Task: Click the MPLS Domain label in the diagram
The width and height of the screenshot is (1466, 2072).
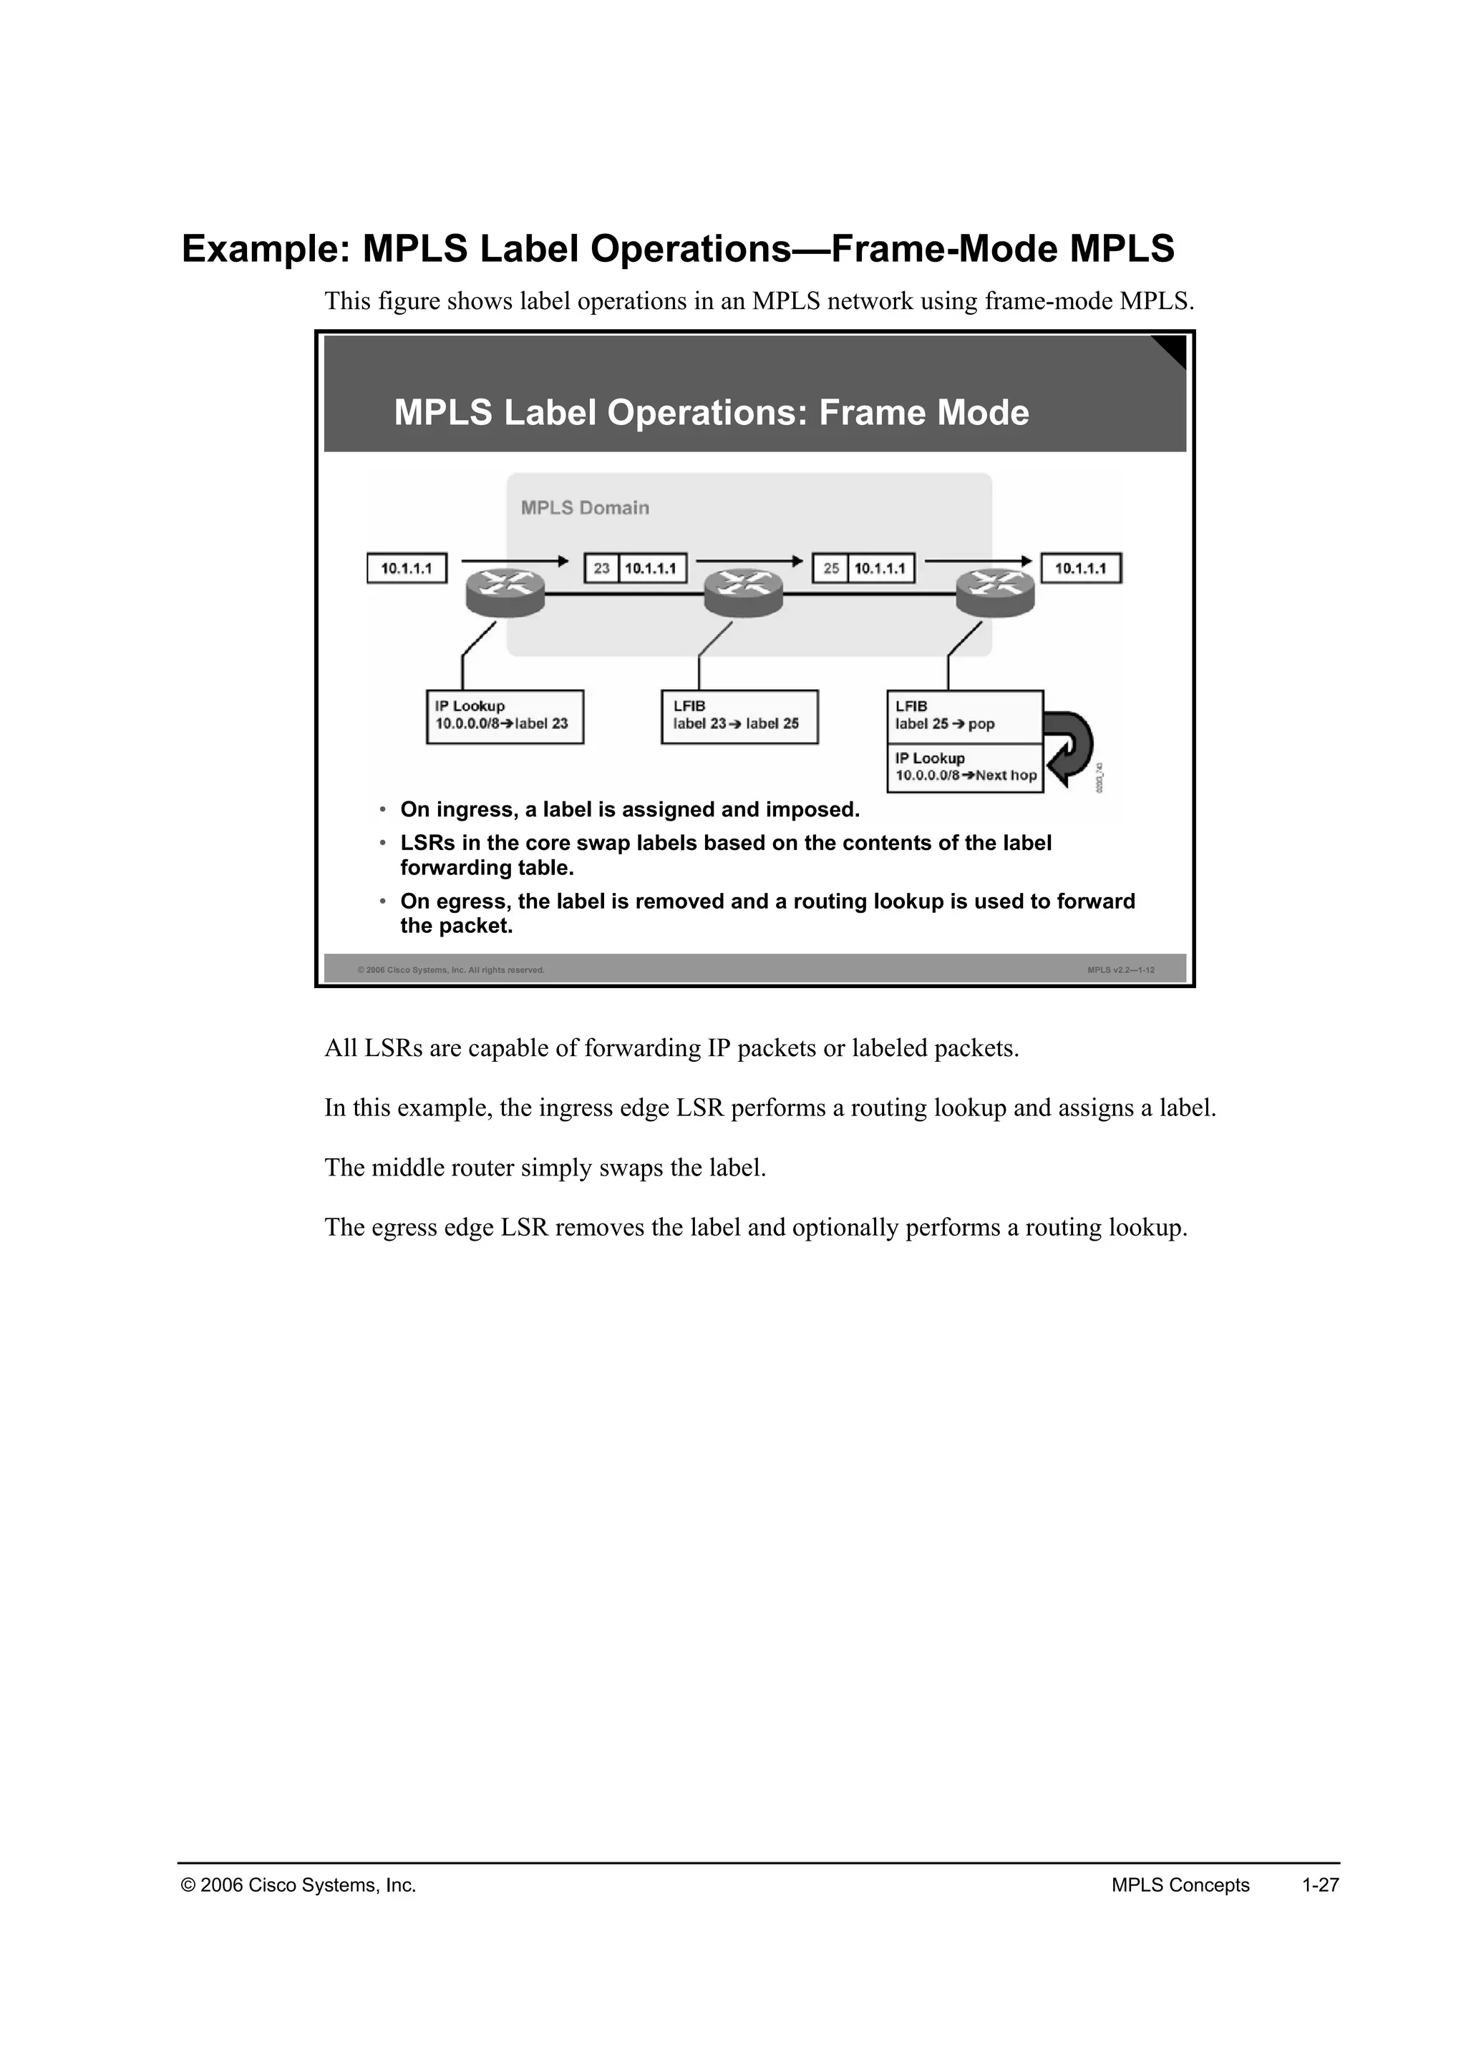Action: click(x=584, y=508)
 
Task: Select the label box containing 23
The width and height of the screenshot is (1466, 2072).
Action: click(x=601, y=569)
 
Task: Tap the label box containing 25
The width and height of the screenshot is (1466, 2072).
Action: click(x=830, y=569)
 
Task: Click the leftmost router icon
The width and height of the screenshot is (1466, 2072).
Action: click(x=505, y=593)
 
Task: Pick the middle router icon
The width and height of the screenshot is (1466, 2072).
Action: click(x=743, y=593)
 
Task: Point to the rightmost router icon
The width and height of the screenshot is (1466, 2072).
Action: click(x=996, y=593)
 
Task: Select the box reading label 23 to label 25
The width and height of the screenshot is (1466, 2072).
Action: click(x=739, y=716)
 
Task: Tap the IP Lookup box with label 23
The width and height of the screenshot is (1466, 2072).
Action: click(x=505, y=716)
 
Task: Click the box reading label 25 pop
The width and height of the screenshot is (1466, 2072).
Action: click(x=964, y=716)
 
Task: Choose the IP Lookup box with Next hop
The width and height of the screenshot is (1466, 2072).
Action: click(x=964, y=768)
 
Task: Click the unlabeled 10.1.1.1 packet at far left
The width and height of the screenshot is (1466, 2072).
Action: click(x=406, y=569)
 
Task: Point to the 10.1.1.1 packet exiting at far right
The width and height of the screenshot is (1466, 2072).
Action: click(x=1081, y=569)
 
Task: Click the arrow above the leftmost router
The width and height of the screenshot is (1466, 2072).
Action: click(x=515, y=560)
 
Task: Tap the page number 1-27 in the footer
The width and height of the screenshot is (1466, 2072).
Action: click(x=1320, y=1885)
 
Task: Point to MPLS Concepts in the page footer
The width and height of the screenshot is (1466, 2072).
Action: click(x=1180, y=1885)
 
